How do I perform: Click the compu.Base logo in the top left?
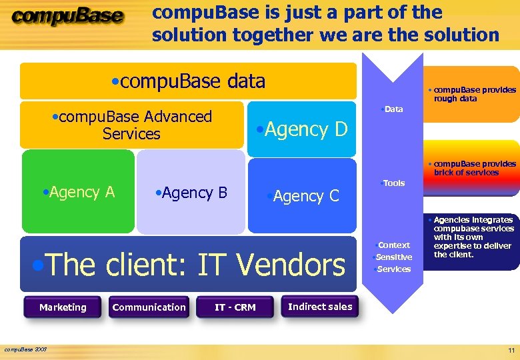[x=67, y=17]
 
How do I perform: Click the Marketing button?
[x=63, y=307]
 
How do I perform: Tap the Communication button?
[x=149, y=307]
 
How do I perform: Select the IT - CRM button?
[x=235, y=307]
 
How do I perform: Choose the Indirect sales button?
[x=320, y=307]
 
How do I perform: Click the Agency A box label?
[x=78, y=193]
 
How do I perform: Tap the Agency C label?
[x=303, y=196]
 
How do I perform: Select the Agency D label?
[x=303, y=129]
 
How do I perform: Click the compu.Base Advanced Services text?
[x=131, y=125]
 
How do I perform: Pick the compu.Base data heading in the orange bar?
[x=189, y=81]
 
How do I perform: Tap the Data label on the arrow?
[x=393, y=109]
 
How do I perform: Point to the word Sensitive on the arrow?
[x=393, y=257]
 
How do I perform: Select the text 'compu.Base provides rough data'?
[x=473, y=94]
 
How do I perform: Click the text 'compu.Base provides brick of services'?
[x=473, y=168]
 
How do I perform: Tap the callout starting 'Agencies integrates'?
[x=473, y=237]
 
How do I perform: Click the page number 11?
[x=511, y=351]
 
